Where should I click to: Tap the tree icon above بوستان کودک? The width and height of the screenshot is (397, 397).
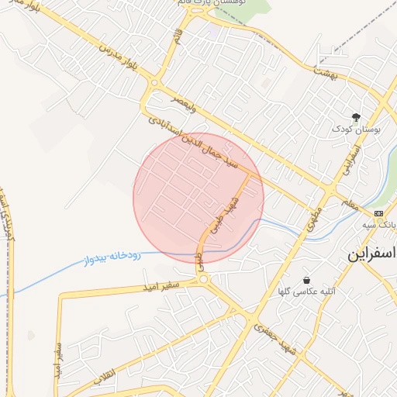[x=356, y=117]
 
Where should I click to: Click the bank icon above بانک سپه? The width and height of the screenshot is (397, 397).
[x=378, y=213]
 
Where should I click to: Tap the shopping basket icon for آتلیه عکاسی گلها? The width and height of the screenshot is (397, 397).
[x=307, y=280]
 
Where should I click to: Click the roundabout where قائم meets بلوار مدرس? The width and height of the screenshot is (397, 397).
[x=154, y=82]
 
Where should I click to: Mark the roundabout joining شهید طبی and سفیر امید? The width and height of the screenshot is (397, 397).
[x=203, y=279]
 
